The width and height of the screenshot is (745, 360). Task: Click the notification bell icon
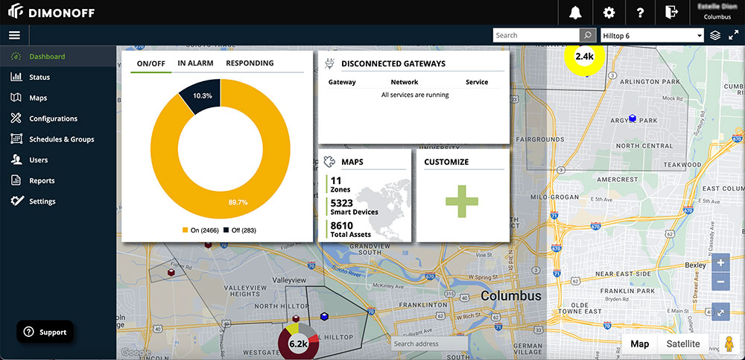[x=575, y=12]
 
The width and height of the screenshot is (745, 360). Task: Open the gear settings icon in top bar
[x=609, y=12]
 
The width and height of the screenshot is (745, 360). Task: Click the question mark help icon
[x=640, y=12]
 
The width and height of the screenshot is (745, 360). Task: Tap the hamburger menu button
[x=14, y=35]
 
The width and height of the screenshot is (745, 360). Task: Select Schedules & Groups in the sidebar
[x=61, y=139]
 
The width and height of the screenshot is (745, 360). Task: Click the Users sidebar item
[x=38, y=160]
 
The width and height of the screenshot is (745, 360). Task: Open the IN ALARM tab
[x=195, y=63]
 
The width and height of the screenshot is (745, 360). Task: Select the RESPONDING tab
[x=250, y=63]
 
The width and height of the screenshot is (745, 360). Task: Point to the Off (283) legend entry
[x=238, y=230]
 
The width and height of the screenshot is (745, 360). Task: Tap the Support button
[x=45, y=332]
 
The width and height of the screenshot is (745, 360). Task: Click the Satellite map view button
[x=682, y=344]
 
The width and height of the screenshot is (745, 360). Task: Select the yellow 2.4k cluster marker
[x=584, y=57]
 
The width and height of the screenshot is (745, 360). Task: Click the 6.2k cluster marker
[x=298, y=344]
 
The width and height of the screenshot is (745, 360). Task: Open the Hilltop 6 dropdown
[x=652, y=35]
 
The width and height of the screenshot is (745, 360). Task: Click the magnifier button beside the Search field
[x=588, y=35]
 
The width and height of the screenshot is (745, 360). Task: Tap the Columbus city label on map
[x=511, y=296]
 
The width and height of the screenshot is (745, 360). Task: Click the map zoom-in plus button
[x=720, y=263]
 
